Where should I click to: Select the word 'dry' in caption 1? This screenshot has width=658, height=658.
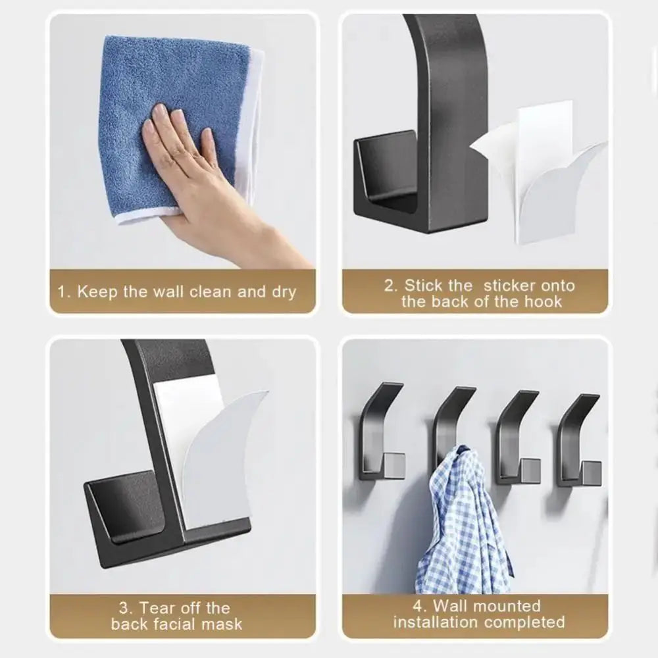[284, 291]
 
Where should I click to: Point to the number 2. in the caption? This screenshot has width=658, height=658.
[392, 286]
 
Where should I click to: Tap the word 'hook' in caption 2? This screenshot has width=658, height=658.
[544, 302]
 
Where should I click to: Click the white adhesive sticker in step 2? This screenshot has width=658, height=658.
[546, 178]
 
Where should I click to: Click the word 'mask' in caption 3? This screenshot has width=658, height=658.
[222, 624]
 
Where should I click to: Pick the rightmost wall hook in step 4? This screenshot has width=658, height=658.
[579, 441]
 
